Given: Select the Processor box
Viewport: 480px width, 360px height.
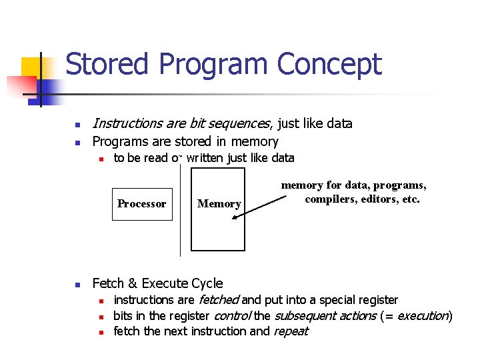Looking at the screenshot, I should click(x=141, y=203).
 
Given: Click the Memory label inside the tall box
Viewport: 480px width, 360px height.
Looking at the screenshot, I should click(x=219, y=204).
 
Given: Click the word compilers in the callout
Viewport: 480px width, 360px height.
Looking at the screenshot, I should click(x=331, y=199).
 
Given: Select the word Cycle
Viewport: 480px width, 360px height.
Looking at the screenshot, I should click(x=207, y=283).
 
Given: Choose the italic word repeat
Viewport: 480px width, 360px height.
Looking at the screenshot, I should click(x=290, y=331).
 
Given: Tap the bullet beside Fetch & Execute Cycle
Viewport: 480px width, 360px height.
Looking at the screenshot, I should click(x=78, y=284).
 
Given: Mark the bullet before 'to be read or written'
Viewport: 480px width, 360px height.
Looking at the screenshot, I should click(x=99, y=159).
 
